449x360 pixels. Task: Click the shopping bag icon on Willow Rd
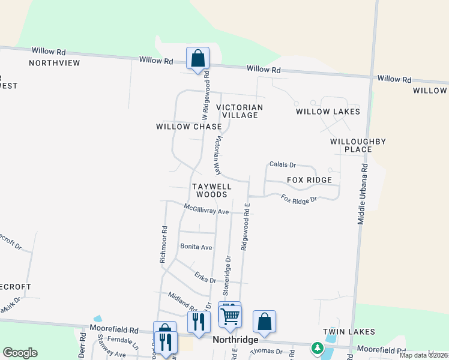197,59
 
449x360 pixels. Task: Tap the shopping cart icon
231,316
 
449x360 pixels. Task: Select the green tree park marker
316,347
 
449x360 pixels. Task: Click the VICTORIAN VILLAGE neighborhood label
240,111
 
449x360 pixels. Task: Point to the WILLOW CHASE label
189,127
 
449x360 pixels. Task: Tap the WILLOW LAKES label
328,112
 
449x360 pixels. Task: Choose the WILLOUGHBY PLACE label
358,145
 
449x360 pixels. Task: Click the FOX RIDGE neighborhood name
309,180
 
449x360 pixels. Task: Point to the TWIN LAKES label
349,332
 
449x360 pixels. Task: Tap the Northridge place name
236,340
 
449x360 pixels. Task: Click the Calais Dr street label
283,164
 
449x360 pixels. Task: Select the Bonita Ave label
196,247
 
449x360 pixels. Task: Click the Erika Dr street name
205,277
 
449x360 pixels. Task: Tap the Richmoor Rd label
163,244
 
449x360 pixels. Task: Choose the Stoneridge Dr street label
227,275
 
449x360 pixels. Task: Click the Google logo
20,353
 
